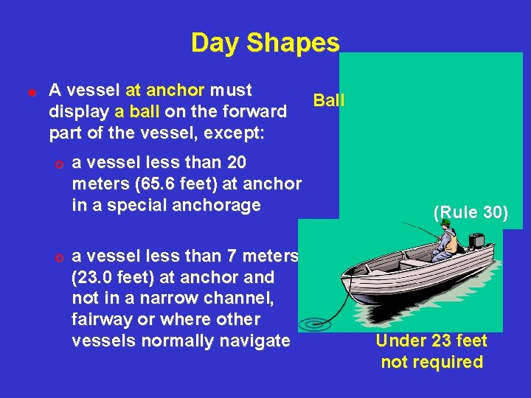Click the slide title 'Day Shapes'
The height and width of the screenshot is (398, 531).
(265, 43)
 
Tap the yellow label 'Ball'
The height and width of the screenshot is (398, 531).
(329, 100)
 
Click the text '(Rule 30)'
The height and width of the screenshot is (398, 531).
(471, 213)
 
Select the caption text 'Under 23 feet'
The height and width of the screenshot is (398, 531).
(431, 341)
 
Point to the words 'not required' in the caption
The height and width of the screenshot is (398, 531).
(431, 362)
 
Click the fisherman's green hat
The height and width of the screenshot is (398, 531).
(445, 223)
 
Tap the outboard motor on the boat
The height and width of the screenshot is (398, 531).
(476, 242)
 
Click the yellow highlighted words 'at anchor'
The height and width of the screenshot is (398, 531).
(164, 91)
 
